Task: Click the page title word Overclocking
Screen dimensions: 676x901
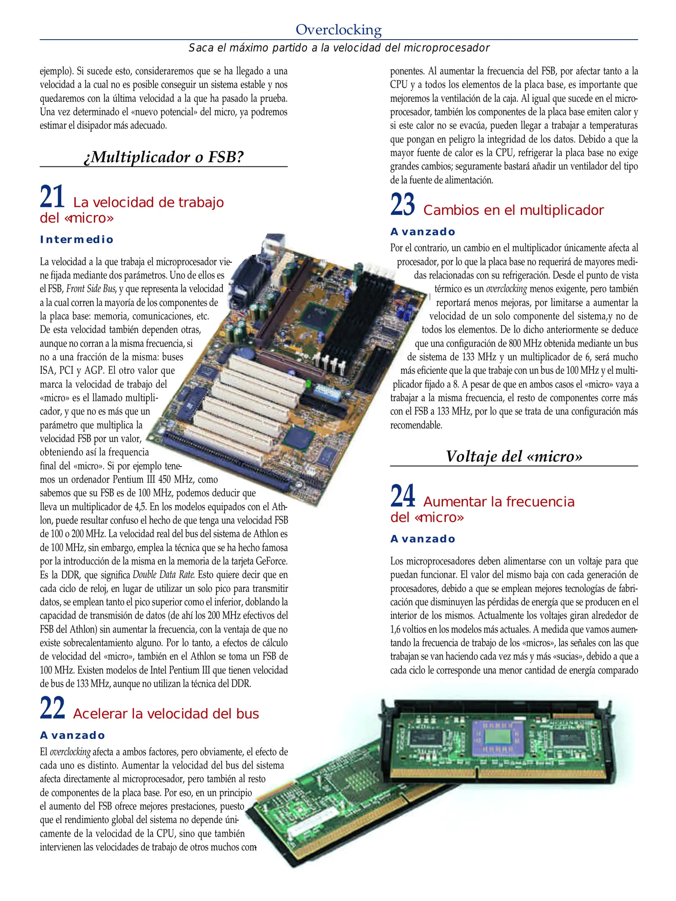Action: (x=339, y=30)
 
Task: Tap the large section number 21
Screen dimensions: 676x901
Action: (x=52, y=196)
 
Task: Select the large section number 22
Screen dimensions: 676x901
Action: (x=53, y=708)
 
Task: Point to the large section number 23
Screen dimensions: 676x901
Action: (x=402, y=204)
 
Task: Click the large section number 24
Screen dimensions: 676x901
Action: (x=402, y=496)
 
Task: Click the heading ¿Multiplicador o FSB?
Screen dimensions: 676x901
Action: (x=163, y=157)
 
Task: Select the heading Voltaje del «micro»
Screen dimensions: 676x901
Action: (x=514, y=456)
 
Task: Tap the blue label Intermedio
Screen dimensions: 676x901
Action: (x=77, y=239)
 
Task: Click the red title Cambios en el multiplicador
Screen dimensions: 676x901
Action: (x=513, y=210)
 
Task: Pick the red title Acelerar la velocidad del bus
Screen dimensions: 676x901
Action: (x=166, y=714)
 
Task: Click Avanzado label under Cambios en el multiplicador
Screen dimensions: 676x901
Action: (x=423, y=232)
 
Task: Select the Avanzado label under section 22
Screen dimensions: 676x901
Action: (x=73, y=735)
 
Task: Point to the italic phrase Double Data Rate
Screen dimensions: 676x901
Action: (x=163, y=575)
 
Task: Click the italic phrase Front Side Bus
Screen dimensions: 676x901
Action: (x=91, y=289)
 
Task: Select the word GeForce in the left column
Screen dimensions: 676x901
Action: (x=271, y=561)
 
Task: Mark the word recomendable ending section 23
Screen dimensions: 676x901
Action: (x=416, y=425)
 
